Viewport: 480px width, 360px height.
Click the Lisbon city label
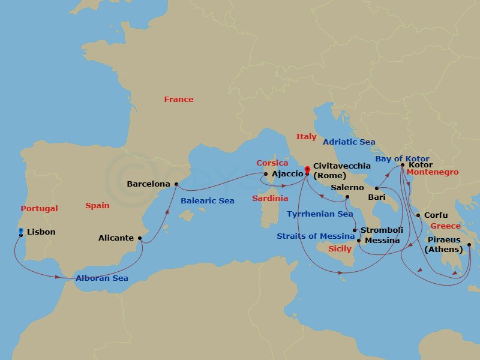tap(41, 232)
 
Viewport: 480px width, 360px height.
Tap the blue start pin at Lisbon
tap(21, 230)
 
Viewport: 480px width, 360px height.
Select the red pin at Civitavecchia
tap(307, 170)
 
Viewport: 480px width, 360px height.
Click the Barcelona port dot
tap(176, 184)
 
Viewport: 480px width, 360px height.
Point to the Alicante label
tap(116, 238)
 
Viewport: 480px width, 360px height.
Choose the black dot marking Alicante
tap(140, 238)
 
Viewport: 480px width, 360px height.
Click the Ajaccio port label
tap(287, 175)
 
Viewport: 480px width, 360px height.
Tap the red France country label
tap(179, 100)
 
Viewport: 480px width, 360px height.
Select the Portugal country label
tap(39, 209)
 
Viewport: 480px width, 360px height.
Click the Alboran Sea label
tap(101, 278)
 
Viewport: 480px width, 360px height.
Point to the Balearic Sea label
tap(207, 201)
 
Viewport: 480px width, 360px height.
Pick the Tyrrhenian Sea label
tap(320, 214)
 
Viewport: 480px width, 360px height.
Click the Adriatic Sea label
tap(349, 142)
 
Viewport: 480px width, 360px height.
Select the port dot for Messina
tap(359, 241)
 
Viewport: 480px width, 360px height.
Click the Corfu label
tap(436, 215)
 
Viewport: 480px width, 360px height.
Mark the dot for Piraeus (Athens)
tap(469, 244)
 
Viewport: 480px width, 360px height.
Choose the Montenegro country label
tap(432, 172)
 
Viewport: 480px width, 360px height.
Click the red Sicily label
tap(340, 248)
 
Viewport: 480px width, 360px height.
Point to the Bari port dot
tap(377, 189)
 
